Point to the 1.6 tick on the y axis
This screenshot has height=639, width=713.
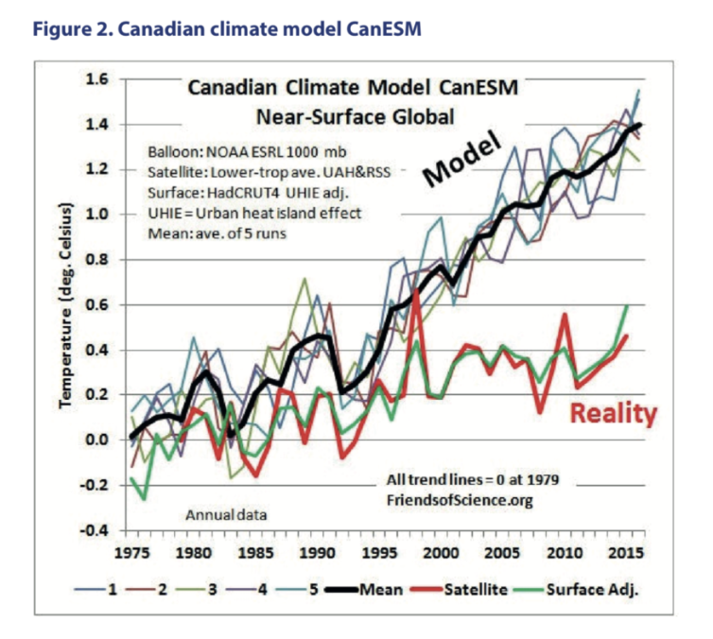pyautogui.click(x=98, y=78)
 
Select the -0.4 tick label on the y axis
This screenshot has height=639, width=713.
pyautogui.click(x=96, y=530)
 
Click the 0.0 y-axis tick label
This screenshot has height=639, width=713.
pyautogui.click(x=98, y=440)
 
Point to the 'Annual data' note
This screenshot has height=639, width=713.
pyautogui.click(x=224, y=515)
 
